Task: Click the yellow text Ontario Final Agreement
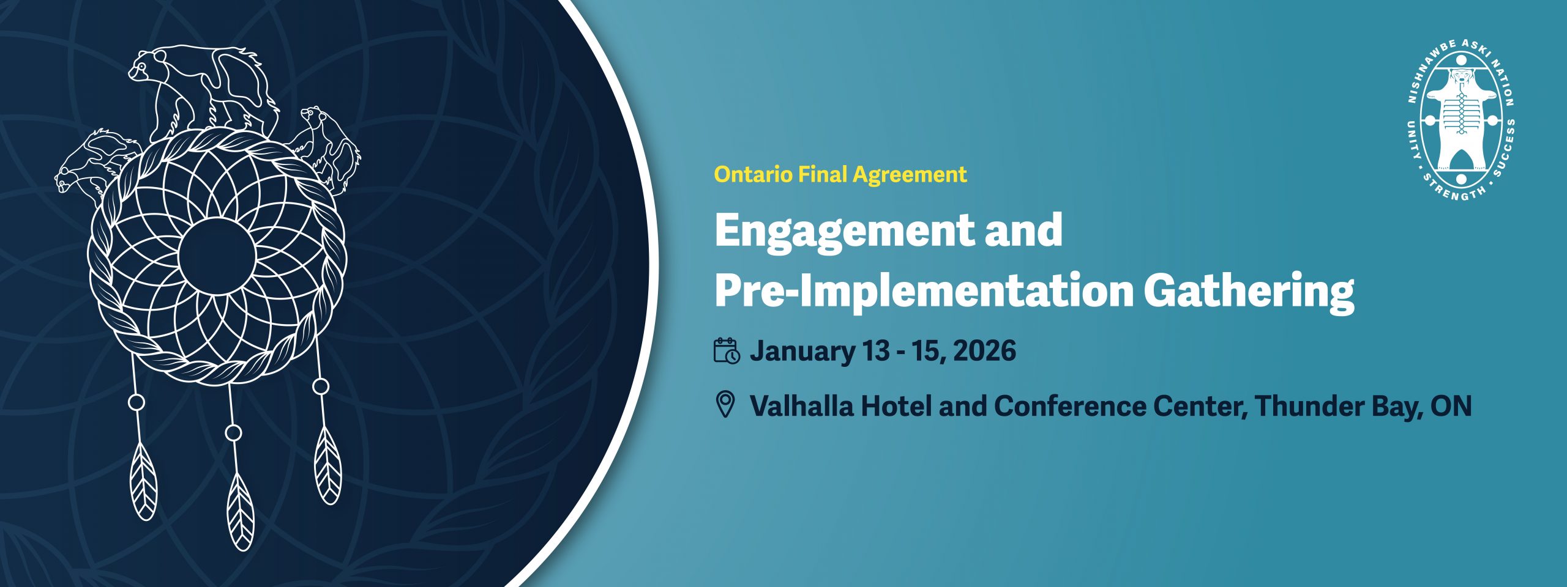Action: [x=840, y=175]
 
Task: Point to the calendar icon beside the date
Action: [x=727, y=351]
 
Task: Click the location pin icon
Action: [x=725, y=405]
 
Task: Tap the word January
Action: [x=802, y=352]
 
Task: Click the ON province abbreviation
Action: [x=1451, y=407]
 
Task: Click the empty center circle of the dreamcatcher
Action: [x=217, y=256]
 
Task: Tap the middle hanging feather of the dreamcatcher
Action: [x=240, y=511]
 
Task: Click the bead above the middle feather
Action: [x=233, y=433]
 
